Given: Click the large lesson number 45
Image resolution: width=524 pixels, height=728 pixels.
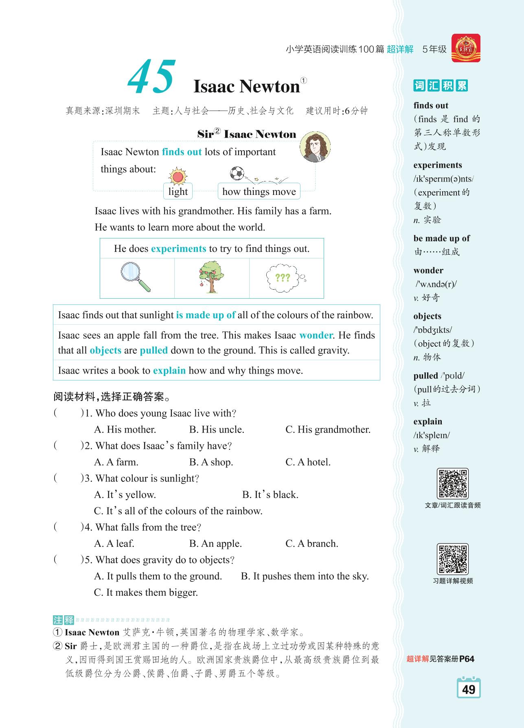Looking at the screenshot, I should [x=152, y=77].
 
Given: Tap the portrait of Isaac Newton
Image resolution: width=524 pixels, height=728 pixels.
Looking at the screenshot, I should [x=315, y=147].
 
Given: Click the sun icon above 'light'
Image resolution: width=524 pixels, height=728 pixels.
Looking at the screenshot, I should [x=177, y=176].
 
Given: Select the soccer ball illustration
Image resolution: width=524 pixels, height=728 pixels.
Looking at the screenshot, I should [x=237, y=173].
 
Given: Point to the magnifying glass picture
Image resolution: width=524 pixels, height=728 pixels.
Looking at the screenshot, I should [x=136, y=277].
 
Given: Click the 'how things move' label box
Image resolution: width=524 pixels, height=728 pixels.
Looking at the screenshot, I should [x=259, y=192].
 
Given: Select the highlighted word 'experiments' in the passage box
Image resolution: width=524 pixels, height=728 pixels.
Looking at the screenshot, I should [x=178, y=249].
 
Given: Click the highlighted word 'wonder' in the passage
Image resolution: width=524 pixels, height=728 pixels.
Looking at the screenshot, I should [x=316, y=335].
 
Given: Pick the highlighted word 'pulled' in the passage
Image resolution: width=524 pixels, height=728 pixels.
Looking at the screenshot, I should [x=153, y=350].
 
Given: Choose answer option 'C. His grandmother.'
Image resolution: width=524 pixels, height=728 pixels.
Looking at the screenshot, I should [x=328, y=430].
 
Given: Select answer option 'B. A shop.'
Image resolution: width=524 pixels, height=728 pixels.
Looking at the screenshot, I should [x=211, y=462].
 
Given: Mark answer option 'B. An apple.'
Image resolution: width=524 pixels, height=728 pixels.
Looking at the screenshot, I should [x=215, y=544].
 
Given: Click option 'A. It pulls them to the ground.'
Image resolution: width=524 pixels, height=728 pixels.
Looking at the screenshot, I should [x=158, y=576].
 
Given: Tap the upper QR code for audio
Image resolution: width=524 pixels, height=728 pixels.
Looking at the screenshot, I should [x=452, y=483].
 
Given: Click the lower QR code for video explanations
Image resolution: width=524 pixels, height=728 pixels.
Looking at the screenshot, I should [x=452, y=559].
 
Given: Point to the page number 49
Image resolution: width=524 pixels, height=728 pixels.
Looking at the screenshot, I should [x=469, y=689].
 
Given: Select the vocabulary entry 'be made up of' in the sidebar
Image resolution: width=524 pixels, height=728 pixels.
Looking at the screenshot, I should [x=441, y=238].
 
